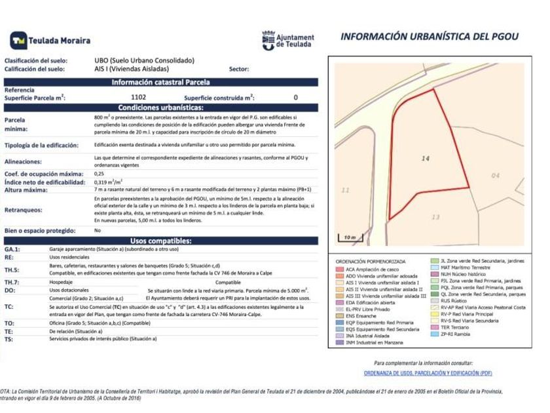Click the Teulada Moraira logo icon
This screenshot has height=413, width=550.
18,41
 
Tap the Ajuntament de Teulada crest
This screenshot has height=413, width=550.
268,40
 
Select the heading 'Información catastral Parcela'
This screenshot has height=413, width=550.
160,83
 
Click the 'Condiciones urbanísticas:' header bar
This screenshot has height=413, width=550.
160,107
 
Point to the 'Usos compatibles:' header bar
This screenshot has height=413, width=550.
160,241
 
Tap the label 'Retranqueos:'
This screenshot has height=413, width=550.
24,210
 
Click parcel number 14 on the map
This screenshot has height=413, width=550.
425,159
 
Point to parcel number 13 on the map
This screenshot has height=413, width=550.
436,217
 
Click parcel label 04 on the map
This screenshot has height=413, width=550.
495,176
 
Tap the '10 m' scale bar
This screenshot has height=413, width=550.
350,237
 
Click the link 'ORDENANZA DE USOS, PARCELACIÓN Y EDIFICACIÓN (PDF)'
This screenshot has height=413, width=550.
428,373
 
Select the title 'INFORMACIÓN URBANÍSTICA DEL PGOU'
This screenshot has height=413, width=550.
429,37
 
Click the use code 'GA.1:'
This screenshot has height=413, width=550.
12,250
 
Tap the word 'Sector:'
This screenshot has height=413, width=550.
239,69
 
